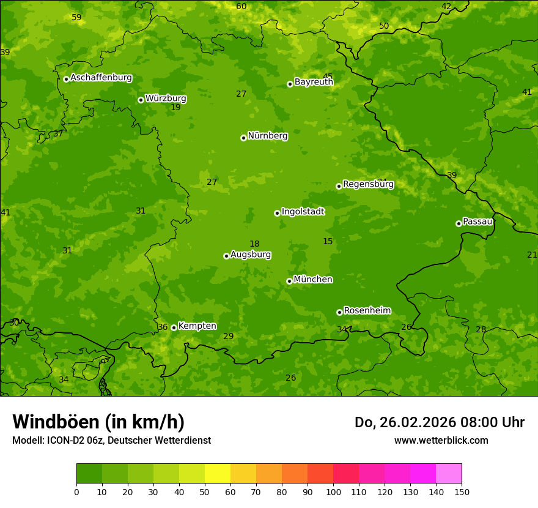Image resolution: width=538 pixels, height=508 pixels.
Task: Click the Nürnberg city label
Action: tap(267, 136)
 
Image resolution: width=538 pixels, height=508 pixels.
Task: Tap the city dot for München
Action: tap(289, 281)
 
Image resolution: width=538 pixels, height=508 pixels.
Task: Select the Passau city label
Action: tap(477, 222)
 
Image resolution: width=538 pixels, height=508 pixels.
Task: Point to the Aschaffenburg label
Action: tap(101, 78)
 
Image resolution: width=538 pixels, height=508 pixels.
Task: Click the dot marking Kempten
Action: tap(174, 327)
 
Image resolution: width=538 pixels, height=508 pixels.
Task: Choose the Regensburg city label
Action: tap(368, 184)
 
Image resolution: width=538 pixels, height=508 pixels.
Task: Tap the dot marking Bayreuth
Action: tap(290, 84)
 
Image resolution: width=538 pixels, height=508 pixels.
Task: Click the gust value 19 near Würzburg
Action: tap(175, 108)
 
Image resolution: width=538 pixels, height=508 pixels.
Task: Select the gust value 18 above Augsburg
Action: tap(254, 244)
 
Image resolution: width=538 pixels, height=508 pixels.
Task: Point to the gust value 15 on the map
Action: tap(328, 242)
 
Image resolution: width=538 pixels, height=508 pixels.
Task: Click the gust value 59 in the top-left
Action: tap(76, 18)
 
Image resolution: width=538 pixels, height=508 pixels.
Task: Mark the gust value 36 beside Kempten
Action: tap(163, 327)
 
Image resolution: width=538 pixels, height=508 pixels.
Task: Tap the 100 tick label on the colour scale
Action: tap(333, 491)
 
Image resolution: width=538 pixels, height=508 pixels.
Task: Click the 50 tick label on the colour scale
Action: tap(205, 491)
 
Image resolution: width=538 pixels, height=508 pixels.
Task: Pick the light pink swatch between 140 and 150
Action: tap(449, 474)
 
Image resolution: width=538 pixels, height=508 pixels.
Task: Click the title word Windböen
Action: tap(56, 422)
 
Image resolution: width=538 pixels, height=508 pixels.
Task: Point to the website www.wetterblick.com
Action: tap(441, 440)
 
